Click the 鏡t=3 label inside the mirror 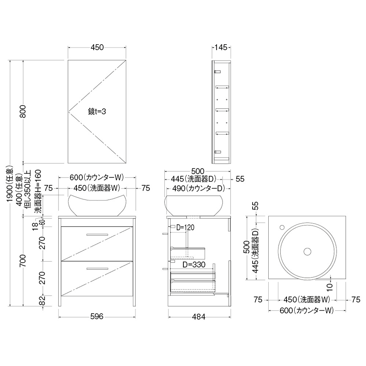97,112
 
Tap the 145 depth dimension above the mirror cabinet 221,47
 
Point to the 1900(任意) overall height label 10,184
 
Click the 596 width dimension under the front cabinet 97,316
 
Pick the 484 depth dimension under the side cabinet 199,317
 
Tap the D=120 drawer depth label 185,227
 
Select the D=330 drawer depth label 194,265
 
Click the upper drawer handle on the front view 97,235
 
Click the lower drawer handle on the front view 97,269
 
